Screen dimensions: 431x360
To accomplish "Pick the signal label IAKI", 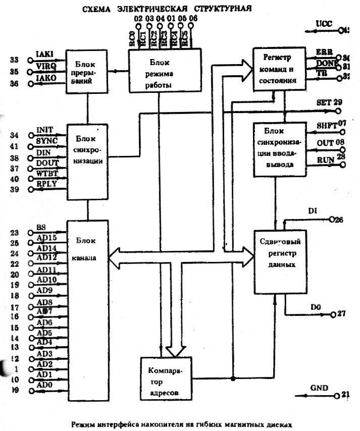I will click(45, 53).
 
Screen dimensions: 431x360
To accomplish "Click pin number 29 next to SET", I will click(337, 102).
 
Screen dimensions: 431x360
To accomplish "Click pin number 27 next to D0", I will click(341, 314).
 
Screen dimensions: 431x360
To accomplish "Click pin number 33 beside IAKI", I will click(14, 60).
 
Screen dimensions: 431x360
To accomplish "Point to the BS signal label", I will click(41, 228).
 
